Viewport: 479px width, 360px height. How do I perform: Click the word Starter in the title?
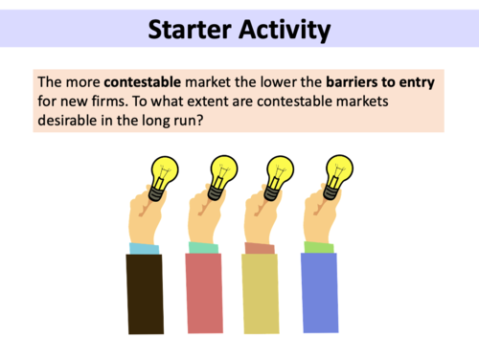[193, 31]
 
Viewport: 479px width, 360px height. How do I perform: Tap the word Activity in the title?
[285, 31]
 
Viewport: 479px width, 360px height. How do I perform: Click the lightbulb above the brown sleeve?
[165, 172]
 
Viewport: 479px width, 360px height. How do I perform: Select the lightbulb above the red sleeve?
[222, 172]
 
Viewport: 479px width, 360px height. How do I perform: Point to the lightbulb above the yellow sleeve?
[280, 172]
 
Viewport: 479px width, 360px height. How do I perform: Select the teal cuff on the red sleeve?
[202, 248]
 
